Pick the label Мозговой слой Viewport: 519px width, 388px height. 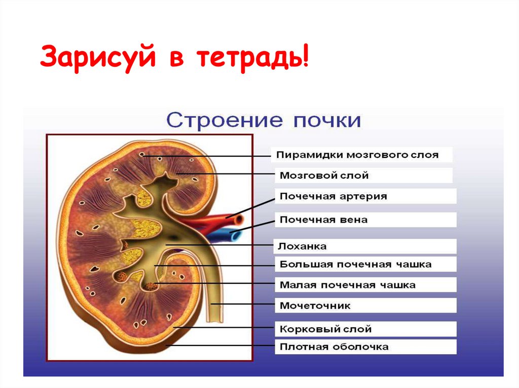[324, 176]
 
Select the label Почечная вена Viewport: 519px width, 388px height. [323, 220]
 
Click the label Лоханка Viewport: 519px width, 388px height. [303, 246]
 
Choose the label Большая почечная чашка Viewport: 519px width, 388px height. [355, 264]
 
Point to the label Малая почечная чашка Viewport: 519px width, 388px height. [347, 285]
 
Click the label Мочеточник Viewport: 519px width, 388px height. [315, 306]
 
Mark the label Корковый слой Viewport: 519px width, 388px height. [325, 329]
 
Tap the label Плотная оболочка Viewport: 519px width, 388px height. [334, 347]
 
